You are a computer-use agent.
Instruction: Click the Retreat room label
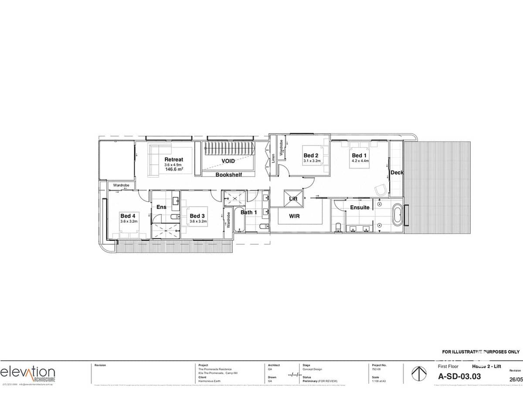click(173, 159)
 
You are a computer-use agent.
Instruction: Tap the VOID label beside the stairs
click(228, 161)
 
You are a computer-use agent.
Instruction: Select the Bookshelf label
click(229, 175)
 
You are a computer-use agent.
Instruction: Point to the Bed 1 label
click(360, 155)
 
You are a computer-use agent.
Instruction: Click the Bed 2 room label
click(311, 155)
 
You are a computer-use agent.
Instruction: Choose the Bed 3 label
click(197, 216)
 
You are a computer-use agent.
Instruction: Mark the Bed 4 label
click(128, 216)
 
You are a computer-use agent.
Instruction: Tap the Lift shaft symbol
click(293, 198)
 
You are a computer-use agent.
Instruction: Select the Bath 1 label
click(249, 212)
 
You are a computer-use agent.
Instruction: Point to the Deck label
click(397, 172)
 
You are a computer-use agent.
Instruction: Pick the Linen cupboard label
click(273, 159)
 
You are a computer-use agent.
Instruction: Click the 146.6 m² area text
click(174, 169)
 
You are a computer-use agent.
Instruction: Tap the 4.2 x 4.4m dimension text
click(360, 161)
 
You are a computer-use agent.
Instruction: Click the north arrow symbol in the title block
click(418, 373)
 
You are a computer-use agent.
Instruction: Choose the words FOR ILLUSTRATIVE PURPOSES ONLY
click(481, 352)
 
